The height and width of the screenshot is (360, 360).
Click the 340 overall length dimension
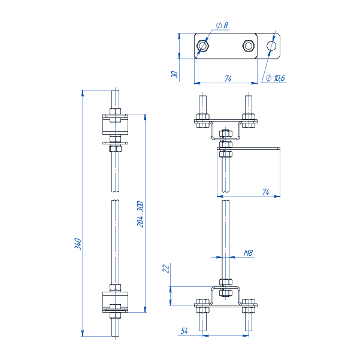click(x=77, y=244)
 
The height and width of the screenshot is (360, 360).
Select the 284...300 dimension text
click(x=140, y=214)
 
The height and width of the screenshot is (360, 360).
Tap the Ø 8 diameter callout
click(x=222, y=25)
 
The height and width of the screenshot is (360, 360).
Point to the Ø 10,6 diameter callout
click(x=275, y=78)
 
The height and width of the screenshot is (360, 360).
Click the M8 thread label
click(x=248, y=253)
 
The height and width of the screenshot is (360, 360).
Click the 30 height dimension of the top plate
click(x=174, y=74)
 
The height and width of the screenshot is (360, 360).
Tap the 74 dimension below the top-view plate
click(x=228, y=78)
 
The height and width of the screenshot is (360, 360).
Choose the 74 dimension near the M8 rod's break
click(x=265, y=191)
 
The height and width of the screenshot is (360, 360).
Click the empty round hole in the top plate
click(x=271, y=46)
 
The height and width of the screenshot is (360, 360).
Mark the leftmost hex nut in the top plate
click(x=203, y=46)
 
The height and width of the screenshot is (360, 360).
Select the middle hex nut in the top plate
click(x=248, y=46)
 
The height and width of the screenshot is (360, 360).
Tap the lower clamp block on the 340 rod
click(x=115, y=301)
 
